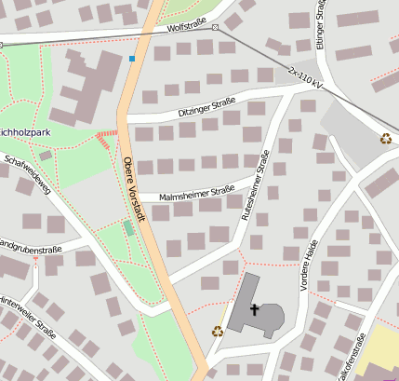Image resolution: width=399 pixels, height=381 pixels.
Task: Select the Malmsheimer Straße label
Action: point(196,195)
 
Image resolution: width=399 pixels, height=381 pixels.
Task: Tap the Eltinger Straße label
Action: point(322,24)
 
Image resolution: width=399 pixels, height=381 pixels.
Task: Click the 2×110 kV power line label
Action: point(305,78)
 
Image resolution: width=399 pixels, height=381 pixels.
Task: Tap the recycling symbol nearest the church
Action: point(218,331)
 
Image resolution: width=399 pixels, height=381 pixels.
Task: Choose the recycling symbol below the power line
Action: point(385,139)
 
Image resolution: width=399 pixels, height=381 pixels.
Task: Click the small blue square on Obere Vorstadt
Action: point(132,59)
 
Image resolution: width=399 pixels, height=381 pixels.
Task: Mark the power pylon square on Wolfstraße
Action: point(215,27)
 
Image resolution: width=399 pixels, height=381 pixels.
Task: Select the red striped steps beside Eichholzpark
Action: point(107,139)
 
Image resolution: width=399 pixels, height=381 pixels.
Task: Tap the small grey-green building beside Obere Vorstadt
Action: point(128,227)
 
